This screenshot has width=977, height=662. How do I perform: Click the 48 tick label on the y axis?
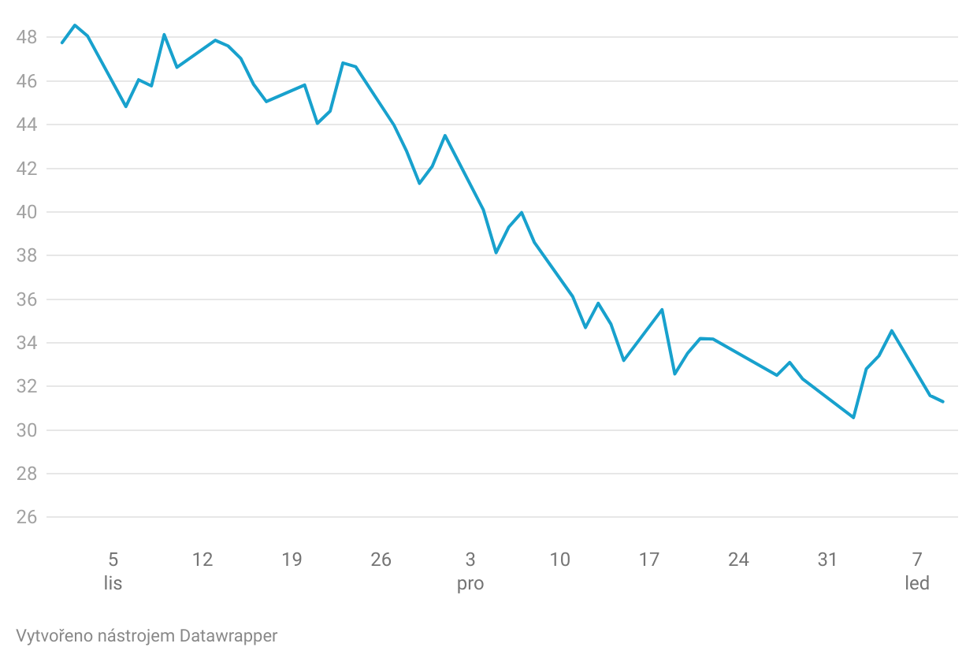point(26,37)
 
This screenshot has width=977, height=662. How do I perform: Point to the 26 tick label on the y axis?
point(26,518)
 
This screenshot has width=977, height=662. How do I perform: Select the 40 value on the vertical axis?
point(26,212)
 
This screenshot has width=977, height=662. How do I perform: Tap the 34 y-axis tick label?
point(26,343)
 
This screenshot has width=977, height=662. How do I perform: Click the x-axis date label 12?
point(202,560)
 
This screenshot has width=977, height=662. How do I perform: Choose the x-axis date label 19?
point(292,560)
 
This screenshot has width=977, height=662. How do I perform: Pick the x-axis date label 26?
point(381,560)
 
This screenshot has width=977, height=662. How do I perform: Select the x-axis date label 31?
point(827,560)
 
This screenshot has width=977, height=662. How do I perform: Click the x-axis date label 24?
point(738,560)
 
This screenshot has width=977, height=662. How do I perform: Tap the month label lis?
point(113,584)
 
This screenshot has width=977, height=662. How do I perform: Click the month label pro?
point(470,584)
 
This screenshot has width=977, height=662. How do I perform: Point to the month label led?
point(917,584)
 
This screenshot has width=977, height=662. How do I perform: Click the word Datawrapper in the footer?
point(228,635)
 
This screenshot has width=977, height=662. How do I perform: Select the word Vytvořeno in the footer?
point(47,635)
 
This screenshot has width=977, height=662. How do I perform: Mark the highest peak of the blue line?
point(75,25)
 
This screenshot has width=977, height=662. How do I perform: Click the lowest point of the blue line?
point(853,418)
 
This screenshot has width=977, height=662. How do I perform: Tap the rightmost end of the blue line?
point(943,402)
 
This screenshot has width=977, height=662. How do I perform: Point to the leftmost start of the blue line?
point(62,43)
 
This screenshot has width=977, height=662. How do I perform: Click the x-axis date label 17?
point(649,560)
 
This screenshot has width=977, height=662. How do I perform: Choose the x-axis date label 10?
point(559,560)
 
